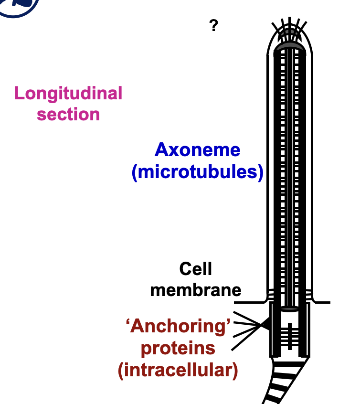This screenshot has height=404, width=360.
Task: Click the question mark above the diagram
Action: click(x=213, y=26)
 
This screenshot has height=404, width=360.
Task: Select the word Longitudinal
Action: click(x=68, y=93)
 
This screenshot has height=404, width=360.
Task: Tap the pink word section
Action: click(x=68, y=115)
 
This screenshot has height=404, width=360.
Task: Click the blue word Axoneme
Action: click(x=197, y=150)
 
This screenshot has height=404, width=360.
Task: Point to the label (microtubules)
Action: click(x=197, y=172)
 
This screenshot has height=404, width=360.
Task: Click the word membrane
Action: click(x=196, y=290)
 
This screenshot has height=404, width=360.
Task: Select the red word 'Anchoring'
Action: click(x=178, y=326)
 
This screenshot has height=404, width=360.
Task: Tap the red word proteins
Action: click(x=178, y=348)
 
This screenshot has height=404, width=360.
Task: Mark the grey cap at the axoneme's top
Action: click(x=289, y=47)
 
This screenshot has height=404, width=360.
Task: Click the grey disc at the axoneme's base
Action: click(x=289, y=308)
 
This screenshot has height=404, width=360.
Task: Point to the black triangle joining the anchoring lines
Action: click(x=265, y=325)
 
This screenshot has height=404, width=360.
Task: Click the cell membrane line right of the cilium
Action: click(x=322, y=302)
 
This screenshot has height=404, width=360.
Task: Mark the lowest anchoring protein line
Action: click(x=246, y=341)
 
